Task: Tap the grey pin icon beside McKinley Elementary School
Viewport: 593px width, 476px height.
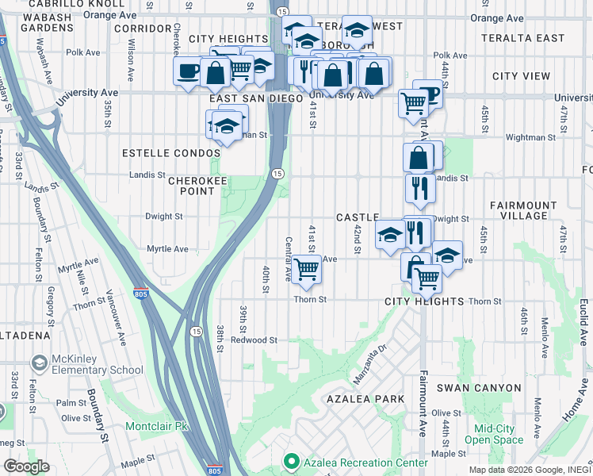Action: tap(38, 364)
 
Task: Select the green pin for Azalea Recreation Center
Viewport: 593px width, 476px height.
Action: tap(291, 461)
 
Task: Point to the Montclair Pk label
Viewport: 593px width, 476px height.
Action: tap(156, 426)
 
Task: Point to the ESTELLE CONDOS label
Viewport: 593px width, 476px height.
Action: tap(170, 152)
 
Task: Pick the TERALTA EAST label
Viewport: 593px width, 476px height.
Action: tap(528, 38)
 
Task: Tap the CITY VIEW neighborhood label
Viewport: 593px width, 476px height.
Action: tap(521, 76)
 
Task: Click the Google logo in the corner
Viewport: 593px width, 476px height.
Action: tap(26, 466)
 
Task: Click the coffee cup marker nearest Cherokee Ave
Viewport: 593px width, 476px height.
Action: tap(188, 73)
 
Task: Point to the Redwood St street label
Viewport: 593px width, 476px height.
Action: tap(254, 340)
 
